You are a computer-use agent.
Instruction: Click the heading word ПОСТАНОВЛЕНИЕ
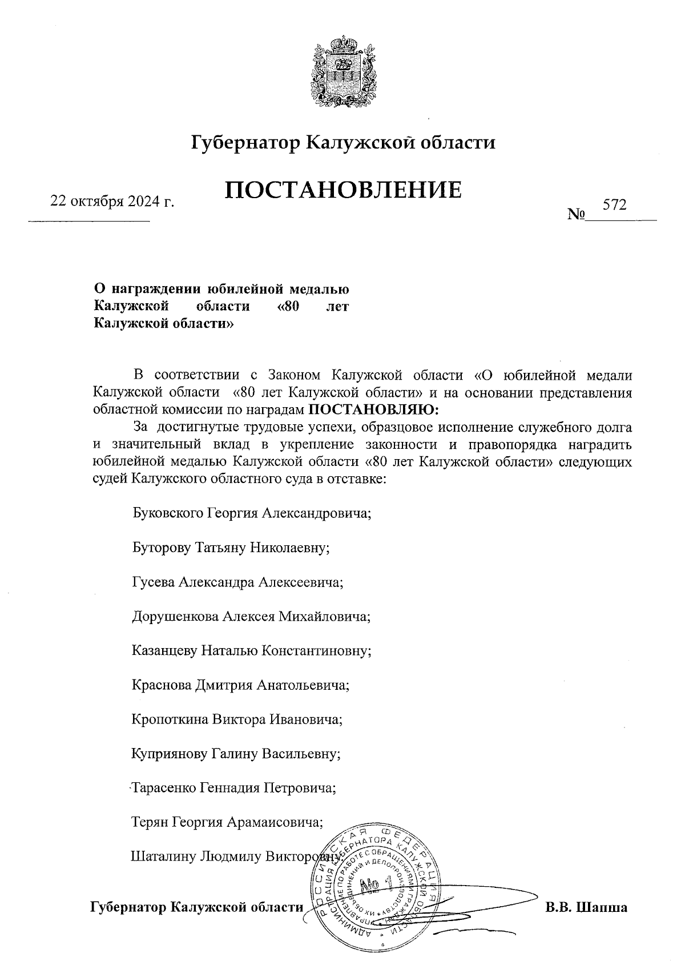[x=342, y=190]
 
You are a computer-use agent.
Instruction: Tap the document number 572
[x=614, y=204]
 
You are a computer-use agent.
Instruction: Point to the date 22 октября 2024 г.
[x=112, y=202]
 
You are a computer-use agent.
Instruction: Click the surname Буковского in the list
[x=167, y=512]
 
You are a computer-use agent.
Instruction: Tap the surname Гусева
[x=153, y=582]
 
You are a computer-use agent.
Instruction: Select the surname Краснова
[x=162, y=685]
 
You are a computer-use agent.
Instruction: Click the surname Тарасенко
[x=163, y=788]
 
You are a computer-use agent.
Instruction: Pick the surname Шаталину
[x=162, y=857]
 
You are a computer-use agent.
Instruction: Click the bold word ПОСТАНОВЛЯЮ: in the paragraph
[x=374, y=409]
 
